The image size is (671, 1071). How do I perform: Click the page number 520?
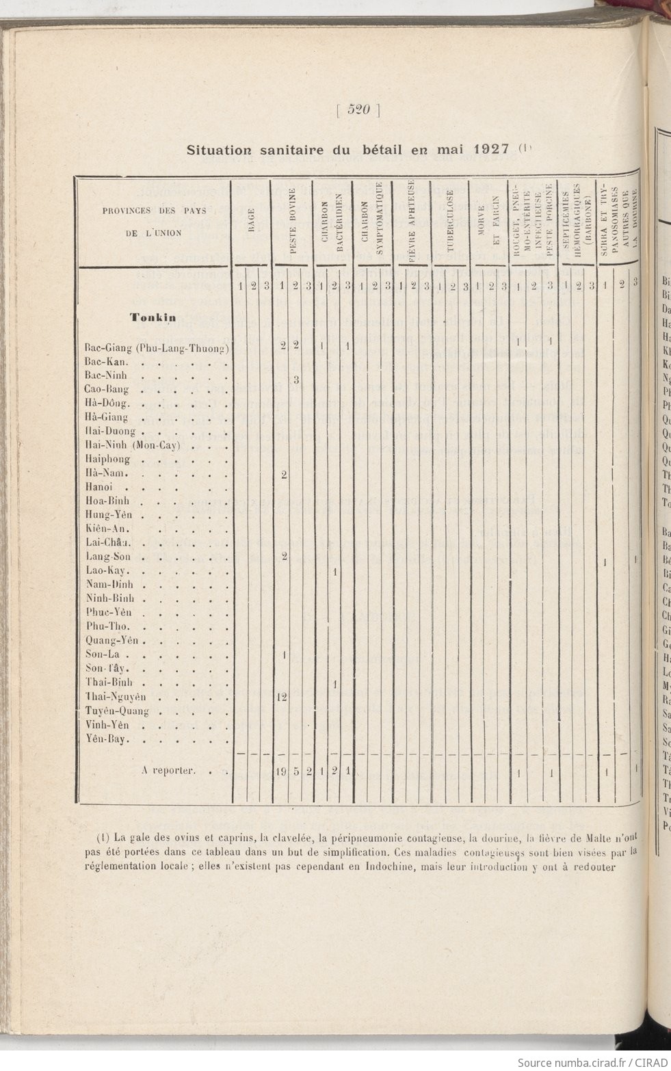pyautogui.click(x=358, y=110)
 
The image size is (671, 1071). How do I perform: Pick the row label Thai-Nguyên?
pyautogui.click(x=116, y=697)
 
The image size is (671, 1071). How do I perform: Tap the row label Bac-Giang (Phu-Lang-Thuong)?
pyautogui.click(x=156, y=348)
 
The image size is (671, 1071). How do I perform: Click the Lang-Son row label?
pyautogui.click(x=109, y=557)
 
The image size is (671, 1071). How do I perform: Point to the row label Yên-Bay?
pyautogui.click(x=108, y=739)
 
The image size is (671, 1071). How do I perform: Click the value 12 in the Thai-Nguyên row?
pyautogui.click(x=281, y=697)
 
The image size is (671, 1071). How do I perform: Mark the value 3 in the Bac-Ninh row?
pyautogui.click(x=296, y=380)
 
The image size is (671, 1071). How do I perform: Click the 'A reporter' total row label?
pyautogui.click(x=169, y=771)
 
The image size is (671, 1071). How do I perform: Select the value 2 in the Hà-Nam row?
pyautogui.click(x=283, y=475)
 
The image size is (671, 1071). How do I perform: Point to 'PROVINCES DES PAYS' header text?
pyautogui.click(x=155, y=211)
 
